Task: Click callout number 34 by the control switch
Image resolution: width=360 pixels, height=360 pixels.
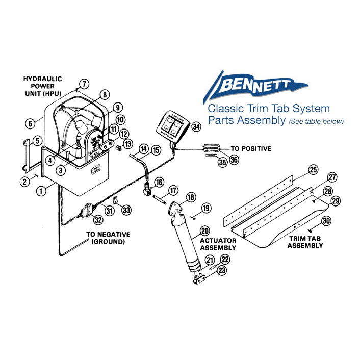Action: [196, 127]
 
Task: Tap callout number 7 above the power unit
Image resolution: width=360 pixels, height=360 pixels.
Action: [84, 84]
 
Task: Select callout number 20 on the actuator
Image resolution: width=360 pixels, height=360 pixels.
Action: [204, 230]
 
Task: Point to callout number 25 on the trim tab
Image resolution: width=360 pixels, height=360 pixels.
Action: [313, 170]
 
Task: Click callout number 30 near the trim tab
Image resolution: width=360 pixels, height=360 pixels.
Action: [326, 221]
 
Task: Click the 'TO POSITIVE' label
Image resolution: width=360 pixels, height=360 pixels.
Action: [251, 149]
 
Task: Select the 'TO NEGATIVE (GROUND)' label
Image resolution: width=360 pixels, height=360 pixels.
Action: [108, 238]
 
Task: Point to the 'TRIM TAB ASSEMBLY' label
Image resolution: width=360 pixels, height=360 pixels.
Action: [305, 242]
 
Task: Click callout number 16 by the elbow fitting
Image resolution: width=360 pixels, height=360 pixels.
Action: [159, 182]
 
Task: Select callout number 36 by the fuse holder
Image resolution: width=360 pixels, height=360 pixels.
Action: [234, 160]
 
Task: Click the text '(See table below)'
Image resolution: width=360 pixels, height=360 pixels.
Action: [316, 121]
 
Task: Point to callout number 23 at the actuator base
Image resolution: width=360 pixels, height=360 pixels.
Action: [222, 271]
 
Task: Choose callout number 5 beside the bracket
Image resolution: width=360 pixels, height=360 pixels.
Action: [36, 140]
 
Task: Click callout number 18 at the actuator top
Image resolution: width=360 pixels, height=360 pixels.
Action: [191, 197]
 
